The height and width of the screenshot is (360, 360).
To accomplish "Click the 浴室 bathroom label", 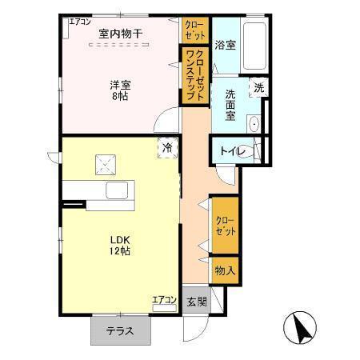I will (225, 45).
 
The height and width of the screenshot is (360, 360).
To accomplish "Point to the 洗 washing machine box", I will (258, 88).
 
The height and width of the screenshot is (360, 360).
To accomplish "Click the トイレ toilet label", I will (233, 150).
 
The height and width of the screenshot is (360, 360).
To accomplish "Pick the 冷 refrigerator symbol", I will (168, 147).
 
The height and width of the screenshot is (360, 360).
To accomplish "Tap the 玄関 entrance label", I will (197, 302).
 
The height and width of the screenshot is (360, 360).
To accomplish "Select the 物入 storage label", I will (225, 271).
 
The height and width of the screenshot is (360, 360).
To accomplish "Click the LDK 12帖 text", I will (121, 245).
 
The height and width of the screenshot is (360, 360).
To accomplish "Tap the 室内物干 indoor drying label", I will (120, 33).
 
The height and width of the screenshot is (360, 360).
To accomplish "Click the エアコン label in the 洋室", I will (80, 22).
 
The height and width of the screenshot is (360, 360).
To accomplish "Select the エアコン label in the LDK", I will (164, 300).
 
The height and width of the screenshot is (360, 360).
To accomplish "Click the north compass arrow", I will (302, 326).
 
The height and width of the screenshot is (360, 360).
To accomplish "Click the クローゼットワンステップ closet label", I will (194, 71).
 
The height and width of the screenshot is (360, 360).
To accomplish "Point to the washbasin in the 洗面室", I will (255, 125).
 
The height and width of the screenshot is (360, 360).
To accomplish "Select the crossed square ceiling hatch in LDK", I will (106, 164).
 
